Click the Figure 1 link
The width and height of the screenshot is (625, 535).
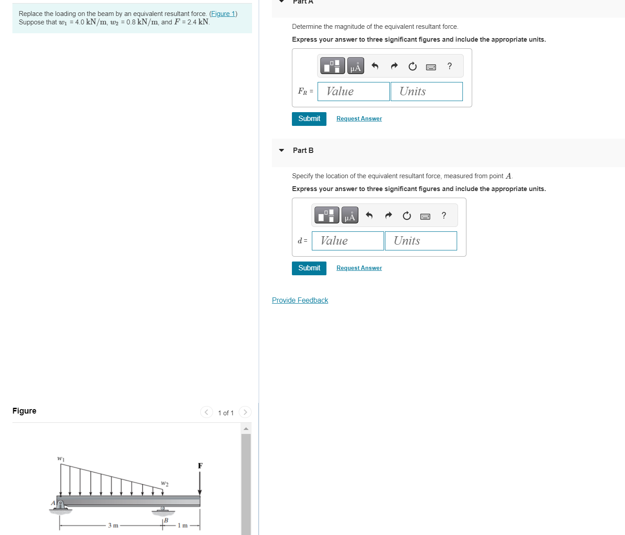[x=223, y=14]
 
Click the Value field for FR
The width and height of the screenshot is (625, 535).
[x=353, y=91]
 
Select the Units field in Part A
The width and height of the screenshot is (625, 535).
[x=426, y=91]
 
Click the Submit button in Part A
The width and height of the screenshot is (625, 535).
[x=309, y=119]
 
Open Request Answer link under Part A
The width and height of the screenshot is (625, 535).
[x=359, y=119]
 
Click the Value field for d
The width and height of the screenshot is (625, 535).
[x=348, y=241]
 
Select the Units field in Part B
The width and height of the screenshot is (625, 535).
[x=420, y=241]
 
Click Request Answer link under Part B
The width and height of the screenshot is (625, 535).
[x=359, y=268]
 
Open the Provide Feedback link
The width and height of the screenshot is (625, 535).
[x=300, y=301]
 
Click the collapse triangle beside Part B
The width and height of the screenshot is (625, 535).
[x=281, y=150]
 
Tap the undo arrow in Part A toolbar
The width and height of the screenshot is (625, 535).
[x=375, y=66]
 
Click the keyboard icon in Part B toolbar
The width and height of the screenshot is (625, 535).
[x=425, y=216]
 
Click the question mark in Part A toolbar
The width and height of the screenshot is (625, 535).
[x=450, y=66]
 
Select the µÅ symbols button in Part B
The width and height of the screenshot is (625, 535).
[x=349, y=215]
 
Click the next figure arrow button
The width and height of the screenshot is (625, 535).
[x=245, y=412]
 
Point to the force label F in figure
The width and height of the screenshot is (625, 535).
[x=200, y=466]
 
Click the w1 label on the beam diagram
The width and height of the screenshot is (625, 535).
[x=61, y=458]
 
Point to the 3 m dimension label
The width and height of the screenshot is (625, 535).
[x=113, y=525]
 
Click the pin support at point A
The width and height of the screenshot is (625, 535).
[x=60, y=505]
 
